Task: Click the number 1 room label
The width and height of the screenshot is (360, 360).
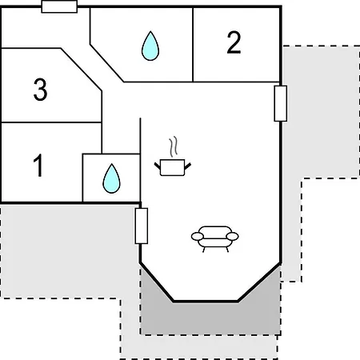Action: tap(38, 165)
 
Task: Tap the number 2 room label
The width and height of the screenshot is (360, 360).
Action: tap(234, 42)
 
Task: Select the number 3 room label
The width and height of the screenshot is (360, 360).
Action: tap(40, 90)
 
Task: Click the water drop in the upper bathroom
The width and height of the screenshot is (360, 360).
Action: tap(150, 46)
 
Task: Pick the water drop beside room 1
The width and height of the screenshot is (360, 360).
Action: tap(111, 178)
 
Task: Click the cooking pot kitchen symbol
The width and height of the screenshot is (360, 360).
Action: tap(173, 167)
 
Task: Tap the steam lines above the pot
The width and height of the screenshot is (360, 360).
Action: tap(174, 146)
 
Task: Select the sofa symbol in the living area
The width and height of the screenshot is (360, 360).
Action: tap(215, 238)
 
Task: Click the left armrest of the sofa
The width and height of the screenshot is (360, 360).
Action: tap(198, 236)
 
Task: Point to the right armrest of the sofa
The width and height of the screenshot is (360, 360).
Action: tap(232, 236)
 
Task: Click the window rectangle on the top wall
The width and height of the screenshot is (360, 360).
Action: tap(59, 6)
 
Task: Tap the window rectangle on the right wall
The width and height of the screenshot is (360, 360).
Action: tap(281, 103)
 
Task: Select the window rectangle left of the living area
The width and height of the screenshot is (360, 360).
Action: tap(142, 226)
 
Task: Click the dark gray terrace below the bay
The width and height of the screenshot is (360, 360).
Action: tap(210, 318)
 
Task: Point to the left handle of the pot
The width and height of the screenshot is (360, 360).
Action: tap(158, 166)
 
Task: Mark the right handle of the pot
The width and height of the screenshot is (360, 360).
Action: tap(188, 166)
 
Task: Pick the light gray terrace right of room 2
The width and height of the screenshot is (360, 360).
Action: tap(320, 112)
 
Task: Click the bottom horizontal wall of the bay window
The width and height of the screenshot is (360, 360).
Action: tap(206, 302)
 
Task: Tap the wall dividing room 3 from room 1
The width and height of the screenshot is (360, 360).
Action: tap(51, 122)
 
